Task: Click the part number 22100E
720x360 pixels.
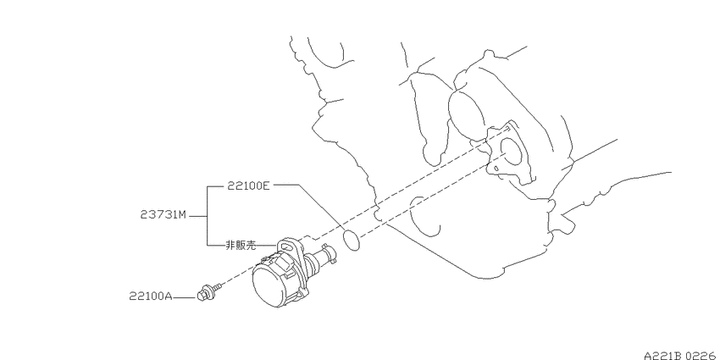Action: pyautogui.click(x=248, y=186)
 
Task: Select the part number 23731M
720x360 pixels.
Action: pyautogui.click(x=163, y=215)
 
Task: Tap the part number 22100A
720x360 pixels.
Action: pyautogui.click(x=150, y=296)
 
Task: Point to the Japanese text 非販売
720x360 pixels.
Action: pyautogui.click(x=241, y=246)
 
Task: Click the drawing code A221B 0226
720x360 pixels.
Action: pyautogui.click(x=682, y=356)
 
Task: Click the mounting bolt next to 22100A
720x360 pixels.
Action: pyautogui.click(x=209, y=293)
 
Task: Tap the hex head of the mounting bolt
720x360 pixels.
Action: pyautogui.click(x=202, y=296)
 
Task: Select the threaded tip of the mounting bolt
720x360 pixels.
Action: pyautogui.click(x=218, y=287)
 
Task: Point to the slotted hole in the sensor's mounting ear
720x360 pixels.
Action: pyautogui.click(x=285, y=247)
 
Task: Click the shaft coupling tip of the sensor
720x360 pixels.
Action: pyautogui.click(x=329, y=254)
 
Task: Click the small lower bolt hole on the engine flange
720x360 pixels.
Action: pyautogui.click(x=496, y=169)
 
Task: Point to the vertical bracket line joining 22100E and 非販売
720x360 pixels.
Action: pyautogui.click(x=208, y=216)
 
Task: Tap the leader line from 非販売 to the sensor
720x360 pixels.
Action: pyautogui.click(x=268, y=246)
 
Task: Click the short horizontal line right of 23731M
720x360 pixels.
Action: pyautogui.click(x=198, y=215)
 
